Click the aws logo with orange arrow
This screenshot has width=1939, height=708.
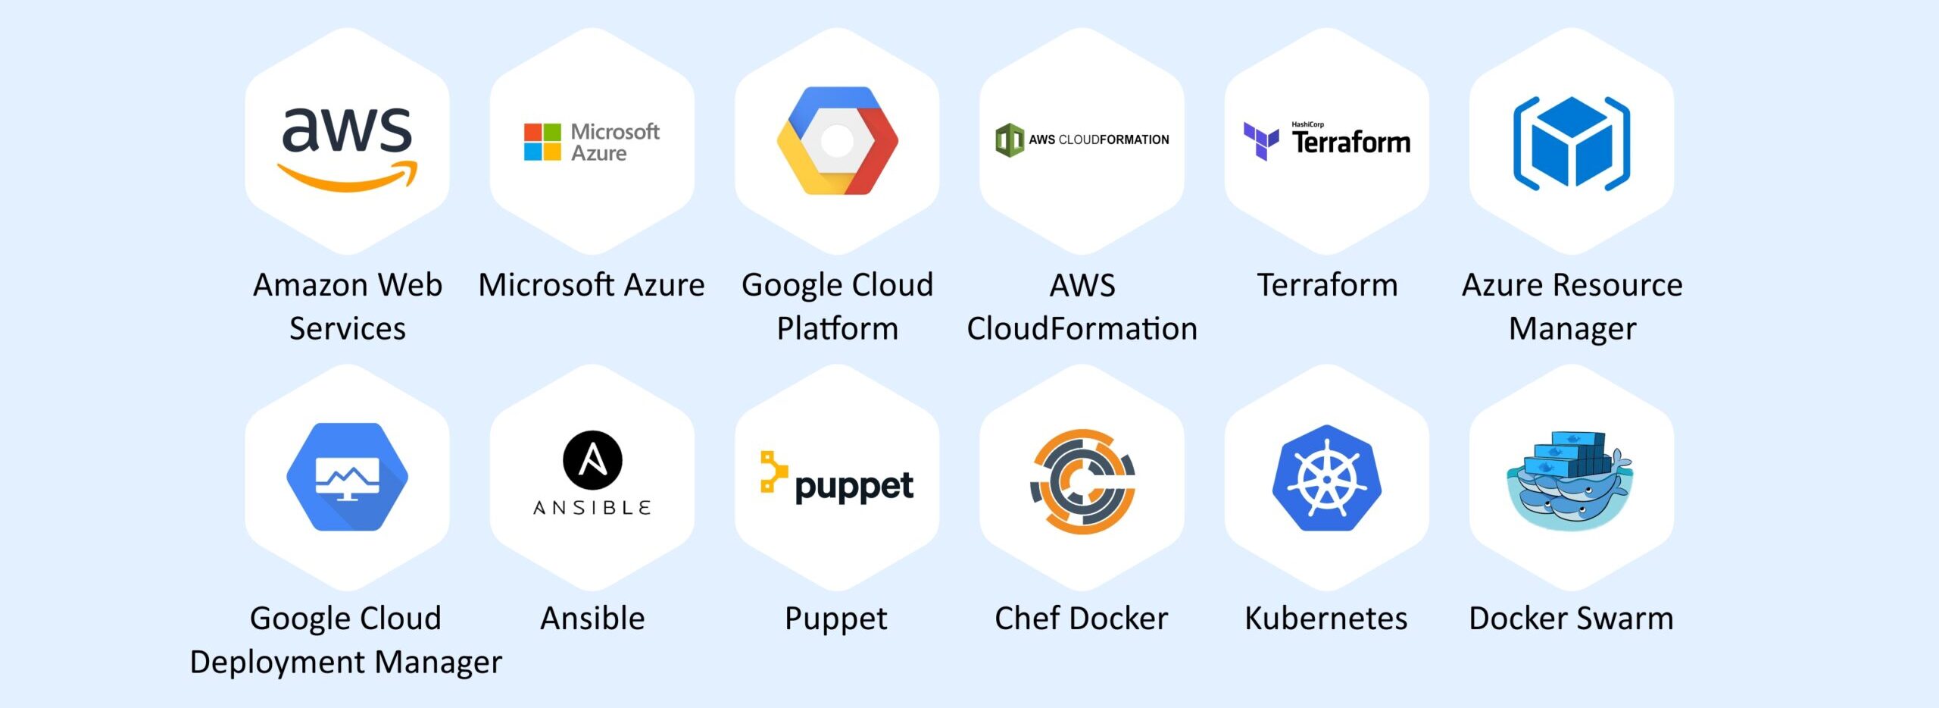(x=347, y=148)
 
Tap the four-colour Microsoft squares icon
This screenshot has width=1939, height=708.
(x=542, y=142)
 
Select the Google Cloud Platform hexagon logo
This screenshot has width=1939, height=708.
(x=837, y=141)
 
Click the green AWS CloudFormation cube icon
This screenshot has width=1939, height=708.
(x=1010, y=140)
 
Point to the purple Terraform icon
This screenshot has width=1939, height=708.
(x=1261, y=141)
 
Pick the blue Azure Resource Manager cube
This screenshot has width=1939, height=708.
(x=1572, y=143)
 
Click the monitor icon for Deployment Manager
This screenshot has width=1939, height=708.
(x=347, y=477)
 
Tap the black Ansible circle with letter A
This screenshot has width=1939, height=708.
(x=592, y=460)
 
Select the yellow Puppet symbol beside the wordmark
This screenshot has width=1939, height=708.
(x=773, y=471)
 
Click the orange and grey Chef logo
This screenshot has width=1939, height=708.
(x=1082, y=481)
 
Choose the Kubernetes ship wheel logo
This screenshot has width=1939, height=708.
(x=1327, y=478)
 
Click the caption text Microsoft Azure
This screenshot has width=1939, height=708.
(x=592, y=286)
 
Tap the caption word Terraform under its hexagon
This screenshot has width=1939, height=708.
(x=1327, y=286)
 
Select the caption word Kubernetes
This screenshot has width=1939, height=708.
(x=1326, y=619)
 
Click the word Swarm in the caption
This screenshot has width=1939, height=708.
(x=1625, y=619)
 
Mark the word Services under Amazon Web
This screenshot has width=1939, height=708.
(x=348, y=329)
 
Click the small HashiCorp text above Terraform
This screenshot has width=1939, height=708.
(x=1307, y=124)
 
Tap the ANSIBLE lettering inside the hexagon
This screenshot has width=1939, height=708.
(x=592, y=508)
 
